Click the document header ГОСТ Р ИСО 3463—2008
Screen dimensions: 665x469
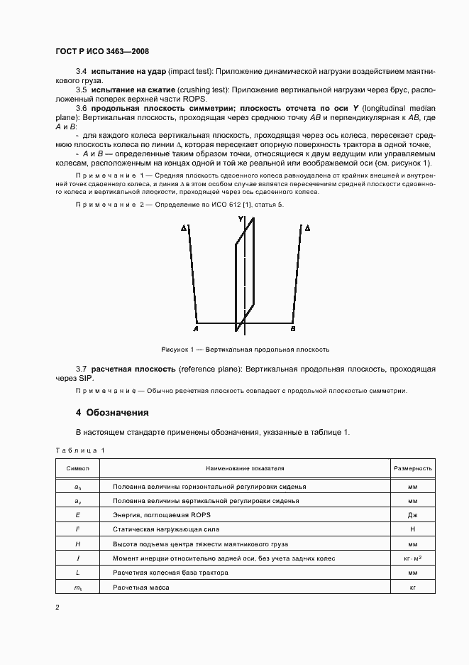click(101, 51)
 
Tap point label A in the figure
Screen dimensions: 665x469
click(195, 329)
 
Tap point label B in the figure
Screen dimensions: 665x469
click(293, 329)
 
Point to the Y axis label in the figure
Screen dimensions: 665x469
click(241, 220)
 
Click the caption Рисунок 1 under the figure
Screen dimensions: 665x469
click(245, 350)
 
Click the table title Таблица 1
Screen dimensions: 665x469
click(79, 450)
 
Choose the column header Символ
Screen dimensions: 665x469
click(77, 469)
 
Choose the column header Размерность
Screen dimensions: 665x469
click(412, 469)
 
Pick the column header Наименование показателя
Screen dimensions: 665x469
click(245, 469)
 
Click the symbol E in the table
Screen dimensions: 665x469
click(77, 514)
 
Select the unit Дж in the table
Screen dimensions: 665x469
click(412, 514)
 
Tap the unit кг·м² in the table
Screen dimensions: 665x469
click(412, 559)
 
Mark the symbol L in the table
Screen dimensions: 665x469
click(77, 573)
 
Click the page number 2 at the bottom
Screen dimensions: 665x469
click(57, 607)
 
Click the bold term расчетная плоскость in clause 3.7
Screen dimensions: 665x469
click(134, 369)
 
